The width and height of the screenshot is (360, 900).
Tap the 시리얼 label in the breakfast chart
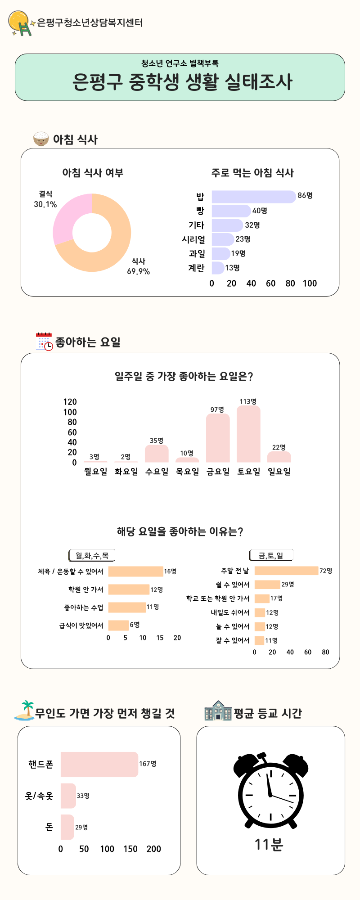tap(193, 239)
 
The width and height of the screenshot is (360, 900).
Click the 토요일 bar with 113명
tap(248, 434)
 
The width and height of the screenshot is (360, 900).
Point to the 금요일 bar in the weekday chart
tap(218, 438)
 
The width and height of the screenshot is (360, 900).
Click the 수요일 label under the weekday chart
tap(157, 472)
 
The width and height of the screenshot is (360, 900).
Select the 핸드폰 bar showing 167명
tap(99, 764)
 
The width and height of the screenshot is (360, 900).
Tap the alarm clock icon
tap(270, 790)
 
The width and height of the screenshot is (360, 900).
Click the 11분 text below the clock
tap(269, 845)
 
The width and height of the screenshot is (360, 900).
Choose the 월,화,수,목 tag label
tap(92, 556)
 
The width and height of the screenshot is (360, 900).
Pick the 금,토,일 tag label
tap(271, 556)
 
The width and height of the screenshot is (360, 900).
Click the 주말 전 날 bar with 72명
tap(286, 571)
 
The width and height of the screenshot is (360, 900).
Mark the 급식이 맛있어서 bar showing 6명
tap(118, 625)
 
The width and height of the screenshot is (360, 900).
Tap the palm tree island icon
tap(25, 710)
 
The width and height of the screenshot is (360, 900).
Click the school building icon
tap(218, 711)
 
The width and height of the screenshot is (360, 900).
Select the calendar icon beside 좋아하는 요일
tap(44, 342)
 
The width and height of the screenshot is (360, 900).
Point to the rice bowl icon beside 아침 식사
tap(41, 139)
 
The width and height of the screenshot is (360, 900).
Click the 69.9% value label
tap(138, 271)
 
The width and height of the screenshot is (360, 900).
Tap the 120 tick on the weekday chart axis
tap(70, 402)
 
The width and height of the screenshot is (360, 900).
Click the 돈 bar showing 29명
tap(67, 827)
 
